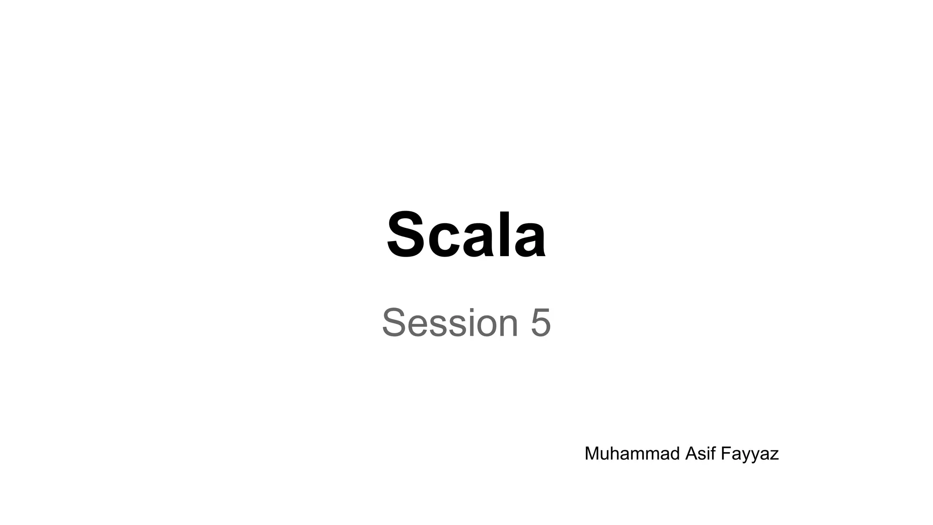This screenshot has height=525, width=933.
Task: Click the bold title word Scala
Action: pos(466,235)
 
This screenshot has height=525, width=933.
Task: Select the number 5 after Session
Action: pos(541,323)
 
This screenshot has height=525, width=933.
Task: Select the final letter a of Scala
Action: pos(528,241)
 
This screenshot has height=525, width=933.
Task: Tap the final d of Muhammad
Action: pos(675,454)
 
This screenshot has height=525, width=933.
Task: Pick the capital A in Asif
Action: pos(691,454)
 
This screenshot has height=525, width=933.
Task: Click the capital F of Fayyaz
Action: pos(725,454)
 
